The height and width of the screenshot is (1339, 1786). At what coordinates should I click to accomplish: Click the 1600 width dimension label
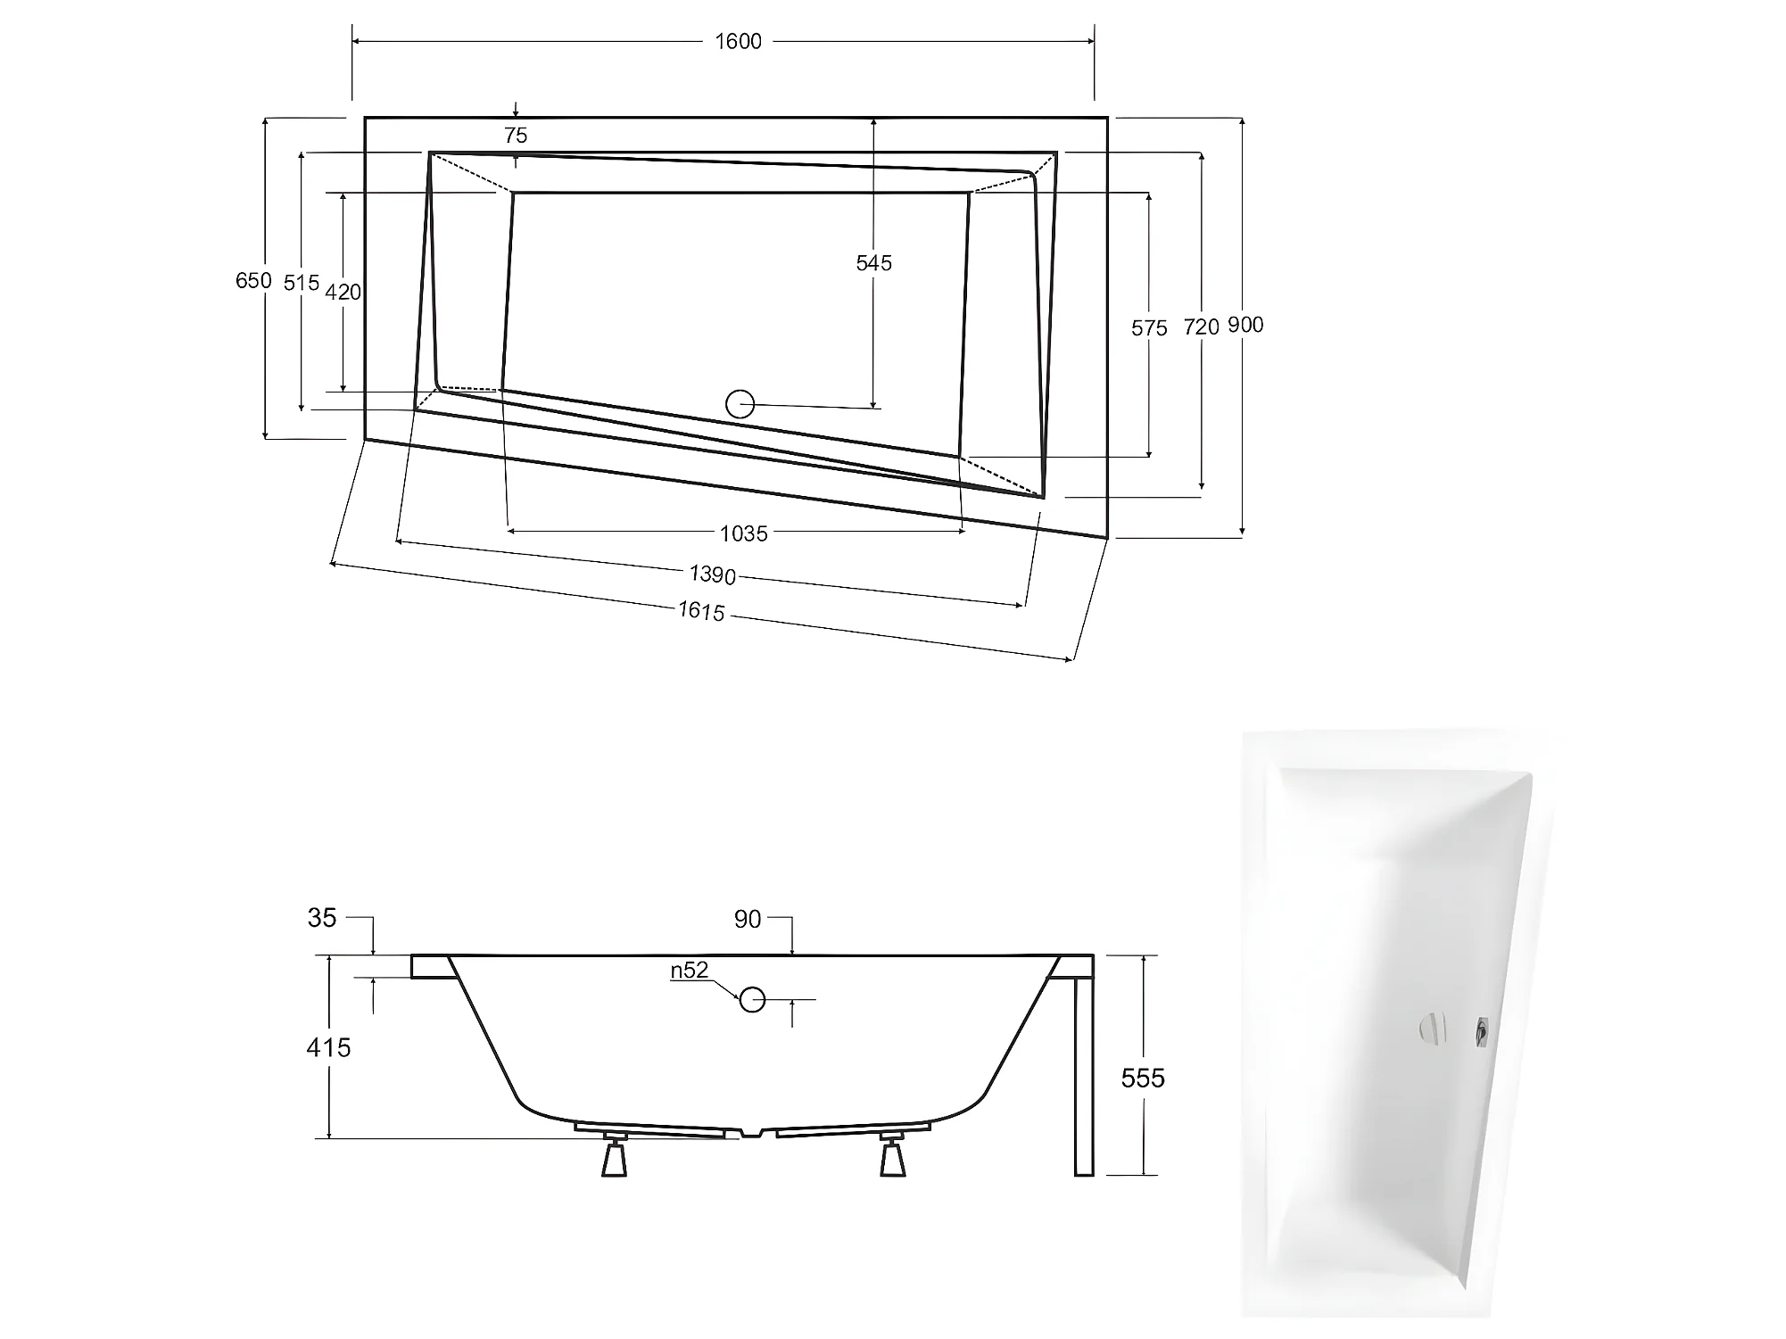coord(738,42)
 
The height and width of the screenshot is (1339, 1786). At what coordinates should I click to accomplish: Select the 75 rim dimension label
coord(516,136)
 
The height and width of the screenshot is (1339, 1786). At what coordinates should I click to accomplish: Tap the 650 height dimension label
coord(253,281)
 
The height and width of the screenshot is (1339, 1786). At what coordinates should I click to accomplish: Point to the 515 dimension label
coord(302,283)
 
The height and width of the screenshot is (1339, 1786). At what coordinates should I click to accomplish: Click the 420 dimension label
coord(343,292)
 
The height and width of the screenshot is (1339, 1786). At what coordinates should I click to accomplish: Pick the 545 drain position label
coord(873,263)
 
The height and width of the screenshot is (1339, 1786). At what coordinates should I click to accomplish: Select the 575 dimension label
coord(1149,328)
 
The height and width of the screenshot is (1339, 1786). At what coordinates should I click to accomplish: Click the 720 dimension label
coord(1201,327)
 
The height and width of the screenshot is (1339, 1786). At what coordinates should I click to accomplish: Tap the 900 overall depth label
coord(1245,326)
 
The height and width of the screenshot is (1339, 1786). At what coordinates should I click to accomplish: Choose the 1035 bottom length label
coord(743,533)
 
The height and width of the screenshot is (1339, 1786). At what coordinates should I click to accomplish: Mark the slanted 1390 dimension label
coord(712,574)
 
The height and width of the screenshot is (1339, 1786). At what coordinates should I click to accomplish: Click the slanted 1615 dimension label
coord(701,611)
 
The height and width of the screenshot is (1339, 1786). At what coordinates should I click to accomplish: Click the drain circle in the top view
coord(740,404)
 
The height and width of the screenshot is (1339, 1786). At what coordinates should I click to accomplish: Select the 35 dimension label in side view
coord(322,918)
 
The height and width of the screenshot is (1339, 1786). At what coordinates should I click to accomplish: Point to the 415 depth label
coord(328,1047)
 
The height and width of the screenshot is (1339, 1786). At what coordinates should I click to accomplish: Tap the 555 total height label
coord(1143,1079)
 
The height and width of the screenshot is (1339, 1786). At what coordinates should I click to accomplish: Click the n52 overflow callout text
coord(690,971)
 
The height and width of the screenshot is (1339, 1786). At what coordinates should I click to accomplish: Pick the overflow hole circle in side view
coord(752,1000)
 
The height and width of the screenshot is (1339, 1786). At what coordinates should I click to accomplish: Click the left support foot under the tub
coord(615,1156)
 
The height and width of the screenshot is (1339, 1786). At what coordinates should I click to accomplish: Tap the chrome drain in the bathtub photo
coord(1431,1029)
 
